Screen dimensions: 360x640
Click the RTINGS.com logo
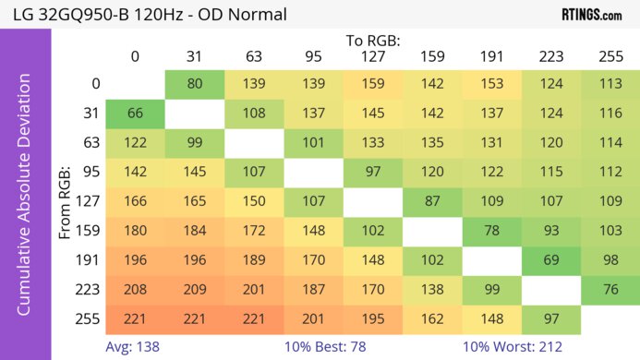[591, 14]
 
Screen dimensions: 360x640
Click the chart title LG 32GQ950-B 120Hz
[145, 14]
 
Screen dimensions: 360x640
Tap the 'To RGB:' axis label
[372, 41]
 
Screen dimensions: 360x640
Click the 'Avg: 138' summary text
[133, 348]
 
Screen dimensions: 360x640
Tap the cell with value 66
[135, 114]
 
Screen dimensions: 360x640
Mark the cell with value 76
[610, 289]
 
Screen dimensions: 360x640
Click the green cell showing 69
[550, 259]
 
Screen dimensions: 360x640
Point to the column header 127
[372, 56]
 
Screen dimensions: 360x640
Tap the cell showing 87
[432, 201]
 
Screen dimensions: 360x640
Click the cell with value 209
[195, 289]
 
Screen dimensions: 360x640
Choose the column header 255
[610, 56]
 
